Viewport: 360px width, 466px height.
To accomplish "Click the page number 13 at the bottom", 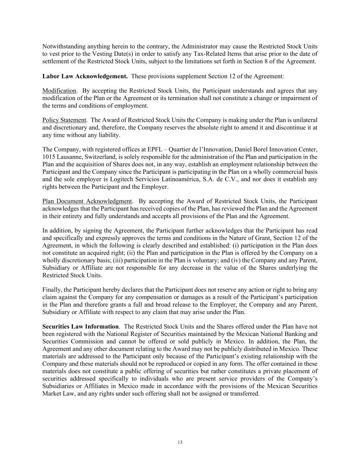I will point(180,442).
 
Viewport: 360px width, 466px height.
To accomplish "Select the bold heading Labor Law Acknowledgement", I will point(85,76).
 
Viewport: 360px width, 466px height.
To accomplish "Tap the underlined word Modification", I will point(59,91).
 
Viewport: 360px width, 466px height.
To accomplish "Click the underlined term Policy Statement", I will point(64,120).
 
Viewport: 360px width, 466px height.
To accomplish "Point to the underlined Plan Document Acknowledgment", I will point(87,201).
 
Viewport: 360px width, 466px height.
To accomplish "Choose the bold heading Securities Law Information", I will point(81,327).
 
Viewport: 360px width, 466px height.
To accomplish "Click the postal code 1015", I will point(48,157).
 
